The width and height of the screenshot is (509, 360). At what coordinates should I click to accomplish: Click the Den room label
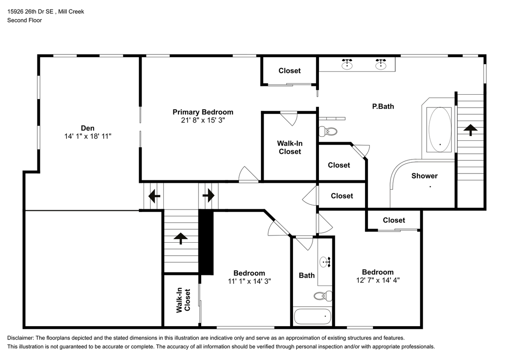coord(87,128)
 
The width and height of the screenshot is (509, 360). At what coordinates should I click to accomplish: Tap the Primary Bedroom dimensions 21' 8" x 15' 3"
coord(203,120)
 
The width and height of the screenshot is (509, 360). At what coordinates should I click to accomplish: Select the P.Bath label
coord(383,106)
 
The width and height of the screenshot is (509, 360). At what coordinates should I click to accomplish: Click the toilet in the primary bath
coord(328,131)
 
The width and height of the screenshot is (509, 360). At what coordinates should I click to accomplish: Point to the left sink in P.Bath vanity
coord(347,64)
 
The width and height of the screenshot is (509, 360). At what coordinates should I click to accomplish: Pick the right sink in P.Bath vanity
coord(381,64)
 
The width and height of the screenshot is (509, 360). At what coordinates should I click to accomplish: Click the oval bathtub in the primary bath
coord(439,129)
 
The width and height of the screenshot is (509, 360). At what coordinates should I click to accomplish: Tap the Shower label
coord(424,176)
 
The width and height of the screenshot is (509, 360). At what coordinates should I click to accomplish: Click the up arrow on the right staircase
coord(470,130)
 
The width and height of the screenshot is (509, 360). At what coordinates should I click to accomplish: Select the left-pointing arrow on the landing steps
coord(154,196)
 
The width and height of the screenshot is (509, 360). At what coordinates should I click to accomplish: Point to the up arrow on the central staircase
coord(181,238)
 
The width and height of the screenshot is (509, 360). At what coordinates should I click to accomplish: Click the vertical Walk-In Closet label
coord(183,300)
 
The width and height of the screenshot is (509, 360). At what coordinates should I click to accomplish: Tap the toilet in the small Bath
coord(323,295)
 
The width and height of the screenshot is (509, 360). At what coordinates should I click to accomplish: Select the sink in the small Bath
coord(325,262)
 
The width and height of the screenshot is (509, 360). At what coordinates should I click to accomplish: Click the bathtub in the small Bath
coord(312,317)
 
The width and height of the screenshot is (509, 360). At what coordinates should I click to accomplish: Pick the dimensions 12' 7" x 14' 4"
coord(377,280)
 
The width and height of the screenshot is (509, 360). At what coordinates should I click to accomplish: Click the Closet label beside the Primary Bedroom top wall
coord(289,71)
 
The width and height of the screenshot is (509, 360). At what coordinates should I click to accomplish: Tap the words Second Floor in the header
coord(25,20)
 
